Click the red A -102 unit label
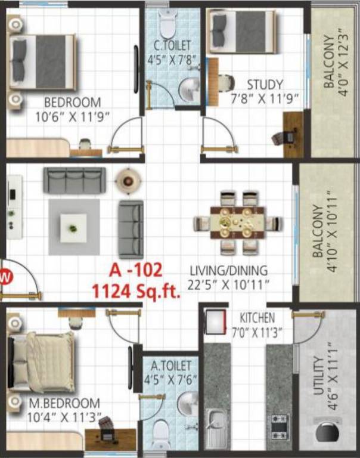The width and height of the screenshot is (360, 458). coord(135,270)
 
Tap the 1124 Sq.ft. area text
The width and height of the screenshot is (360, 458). coord(136,291)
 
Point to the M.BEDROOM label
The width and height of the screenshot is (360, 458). coord(64,410)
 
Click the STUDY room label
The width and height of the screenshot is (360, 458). coord(266,91)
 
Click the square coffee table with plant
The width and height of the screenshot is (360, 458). coord(73,228)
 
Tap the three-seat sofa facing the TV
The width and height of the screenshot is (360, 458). coord(75,180)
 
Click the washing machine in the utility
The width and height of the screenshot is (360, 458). coord(326,432)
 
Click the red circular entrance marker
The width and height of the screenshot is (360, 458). coord(6,277)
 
